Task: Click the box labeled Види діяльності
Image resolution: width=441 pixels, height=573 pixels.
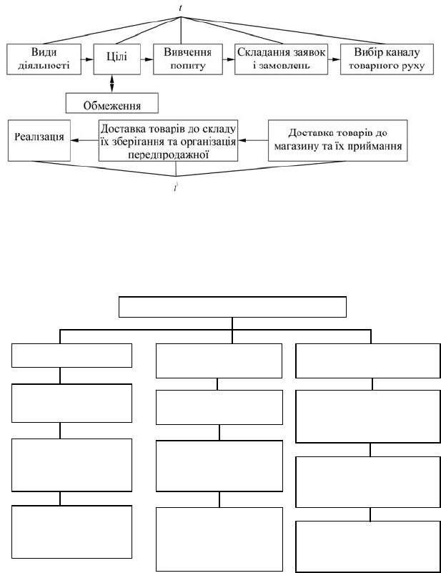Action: pos(44,59)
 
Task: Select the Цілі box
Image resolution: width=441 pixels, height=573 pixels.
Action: pos(117,59)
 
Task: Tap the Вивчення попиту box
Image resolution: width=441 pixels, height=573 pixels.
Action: pos(188,59)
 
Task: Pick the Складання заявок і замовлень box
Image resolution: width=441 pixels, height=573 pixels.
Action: pos(281,59)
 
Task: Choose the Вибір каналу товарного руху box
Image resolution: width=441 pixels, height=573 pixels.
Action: pos(387,59)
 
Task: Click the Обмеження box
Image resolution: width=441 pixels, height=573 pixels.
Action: pos(112,103)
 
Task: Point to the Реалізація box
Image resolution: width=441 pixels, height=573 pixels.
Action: pos(39,140)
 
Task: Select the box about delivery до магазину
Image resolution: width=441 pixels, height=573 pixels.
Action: pos(337,140)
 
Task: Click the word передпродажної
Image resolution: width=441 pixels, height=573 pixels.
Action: pos(168,155)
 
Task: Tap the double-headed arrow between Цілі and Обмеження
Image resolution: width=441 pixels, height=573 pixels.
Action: pos(112,84)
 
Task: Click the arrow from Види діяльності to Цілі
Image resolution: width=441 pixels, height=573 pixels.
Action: pos(87,59)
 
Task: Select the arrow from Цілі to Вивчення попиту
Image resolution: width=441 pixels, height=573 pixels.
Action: pos(147,59)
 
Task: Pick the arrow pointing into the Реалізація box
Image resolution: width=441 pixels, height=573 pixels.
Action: pos(84,140)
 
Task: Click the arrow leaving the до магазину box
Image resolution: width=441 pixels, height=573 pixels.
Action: pos(253,140)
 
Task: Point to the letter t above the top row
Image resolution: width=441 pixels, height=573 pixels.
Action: pos(181,8)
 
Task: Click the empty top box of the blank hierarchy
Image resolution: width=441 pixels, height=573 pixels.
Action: pos(232,307)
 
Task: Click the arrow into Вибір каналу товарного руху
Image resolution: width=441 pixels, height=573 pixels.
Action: pos(334,59)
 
